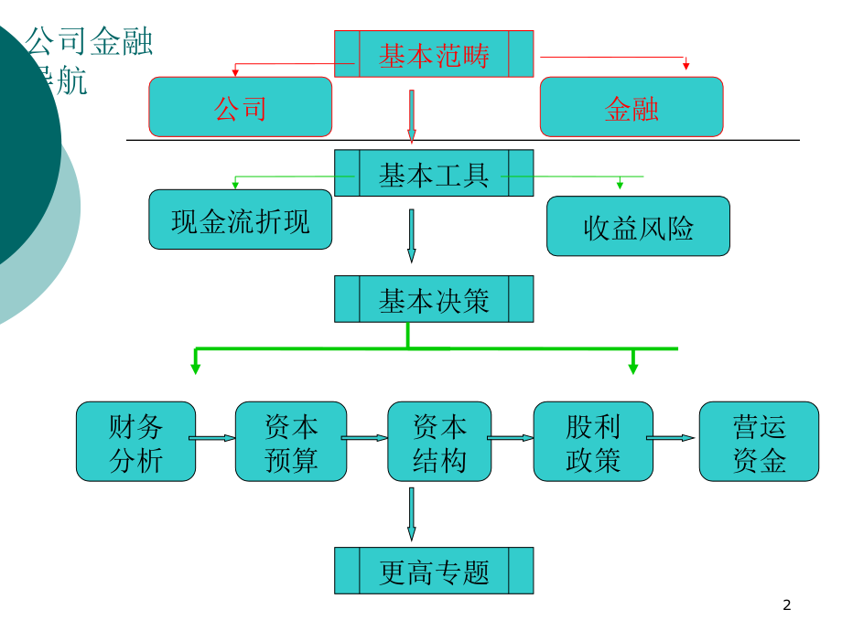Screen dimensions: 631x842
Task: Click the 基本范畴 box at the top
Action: click(434, 55)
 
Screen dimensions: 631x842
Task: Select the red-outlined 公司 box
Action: click(240, 107)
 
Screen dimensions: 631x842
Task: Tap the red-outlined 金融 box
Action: click(631, 107)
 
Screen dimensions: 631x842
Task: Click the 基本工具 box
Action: click(434, 174)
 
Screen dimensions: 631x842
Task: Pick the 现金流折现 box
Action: click(240, 219)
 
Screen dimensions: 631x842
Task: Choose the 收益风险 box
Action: click(638, 226)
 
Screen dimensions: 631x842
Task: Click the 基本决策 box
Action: click(434, 299)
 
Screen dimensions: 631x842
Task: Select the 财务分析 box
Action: click(135, 442)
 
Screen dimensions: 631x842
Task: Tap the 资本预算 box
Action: click(291, 442)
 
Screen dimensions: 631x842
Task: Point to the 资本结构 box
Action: click(439, 442)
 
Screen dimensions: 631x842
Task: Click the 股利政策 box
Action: click(593, 442)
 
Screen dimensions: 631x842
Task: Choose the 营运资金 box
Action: click(759, 442)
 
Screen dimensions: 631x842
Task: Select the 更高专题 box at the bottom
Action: click(434, 571)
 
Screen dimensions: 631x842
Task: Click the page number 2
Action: click(786, 604)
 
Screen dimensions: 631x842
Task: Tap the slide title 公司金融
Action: click(89, 42)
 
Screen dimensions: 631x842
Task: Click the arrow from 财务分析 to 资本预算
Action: click(215, 438)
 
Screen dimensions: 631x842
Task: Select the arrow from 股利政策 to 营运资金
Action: click(675, 438)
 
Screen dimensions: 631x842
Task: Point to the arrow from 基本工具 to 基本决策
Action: click(411, 235)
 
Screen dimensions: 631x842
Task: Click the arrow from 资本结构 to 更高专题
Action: click(411, 513)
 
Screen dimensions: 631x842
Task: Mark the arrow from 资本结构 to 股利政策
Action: click(512, 438)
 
